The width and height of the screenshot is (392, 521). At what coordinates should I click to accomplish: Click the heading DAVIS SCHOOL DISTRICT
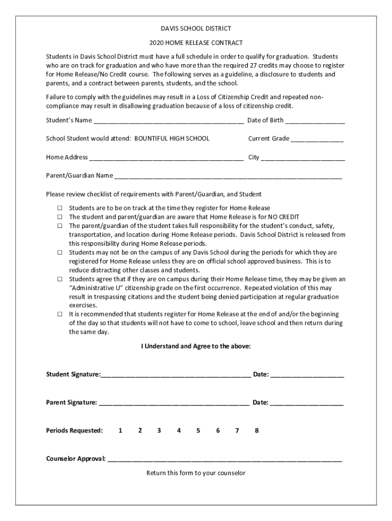pos(195,28)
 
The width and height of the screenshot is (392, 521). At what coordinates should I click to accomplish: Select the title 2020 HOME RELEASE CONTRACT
pos(195,43)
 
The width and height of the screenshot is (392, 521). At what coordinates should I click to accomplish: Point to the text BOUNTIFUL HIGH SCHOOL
pos(172,138)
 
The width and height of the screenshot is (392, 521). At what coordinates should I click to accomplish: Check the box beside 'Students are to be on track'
pos(60,208)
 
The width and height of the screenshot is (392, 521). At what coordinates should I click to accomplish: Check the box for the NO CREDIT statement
pos(60,217)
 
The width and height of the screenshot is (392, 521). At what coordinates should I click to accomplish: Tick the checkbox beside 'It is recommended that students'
pos(60,314)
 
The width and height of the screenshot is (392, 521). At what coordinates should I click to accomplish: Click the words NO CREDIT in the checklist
pos(281,217)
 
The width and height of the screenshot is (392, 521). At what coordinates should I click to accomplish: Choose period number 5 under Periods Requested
pos(198,430)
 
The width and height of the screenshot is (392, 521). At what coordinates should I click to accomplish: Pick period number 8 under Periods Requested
pos(257,430)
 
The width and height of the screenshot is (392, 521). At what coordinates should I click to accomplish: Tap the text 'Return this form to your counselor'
pos(196,473)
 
